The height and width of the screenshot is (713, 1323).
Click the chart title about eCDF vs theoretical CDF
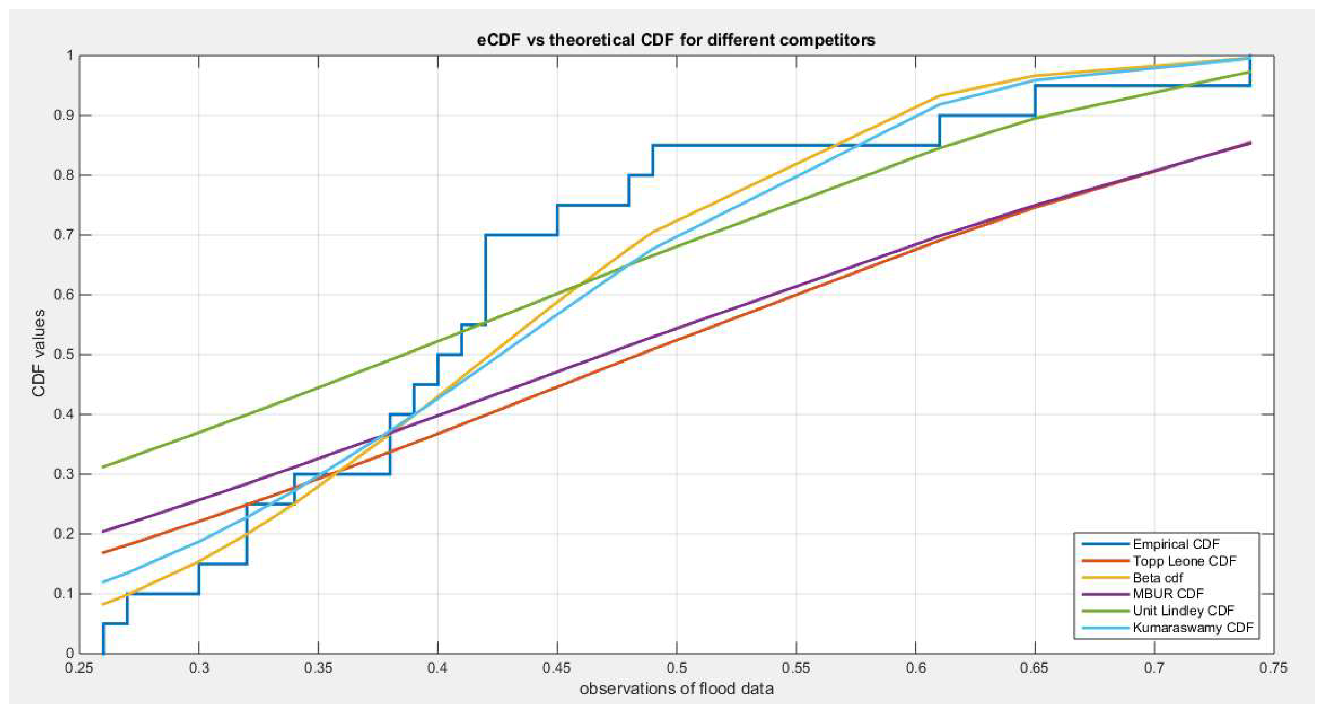(676, 40)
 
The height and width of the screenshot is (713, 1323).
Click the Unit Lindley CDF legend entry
(1183, 611)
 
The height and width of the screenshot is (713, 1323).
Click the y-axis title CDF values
(39, 353)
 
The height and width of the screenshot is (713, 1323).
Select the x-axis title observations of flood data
(676, 689)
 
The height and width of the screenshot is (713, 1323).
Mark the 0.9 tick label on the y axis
(64, 116)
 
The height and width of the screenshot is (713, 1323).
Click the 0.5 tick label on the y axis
(64, 355)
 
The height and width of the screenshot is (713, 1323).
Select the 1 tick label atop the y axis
(70, 56)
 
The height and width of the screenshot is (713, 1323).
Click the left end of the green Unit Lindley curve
(103, 466)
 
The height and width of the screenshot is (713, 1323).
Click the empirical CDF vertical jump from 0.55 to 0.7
(485, 280)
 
